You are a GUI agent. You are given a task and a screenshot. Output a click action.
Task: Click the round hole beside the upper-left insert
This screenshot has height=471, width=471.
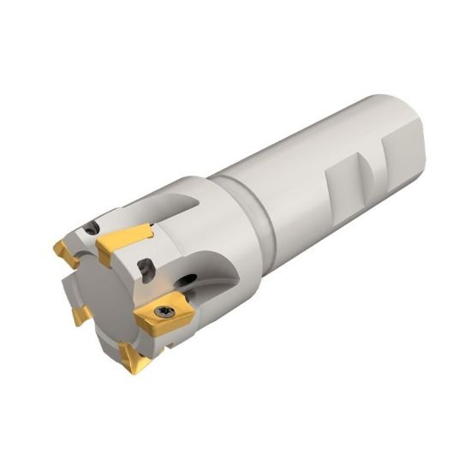pos(89,229)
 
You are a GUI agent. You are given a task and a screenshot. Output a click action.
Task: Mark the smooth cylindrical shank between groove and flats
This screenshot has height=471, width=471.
pos(283,171)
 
